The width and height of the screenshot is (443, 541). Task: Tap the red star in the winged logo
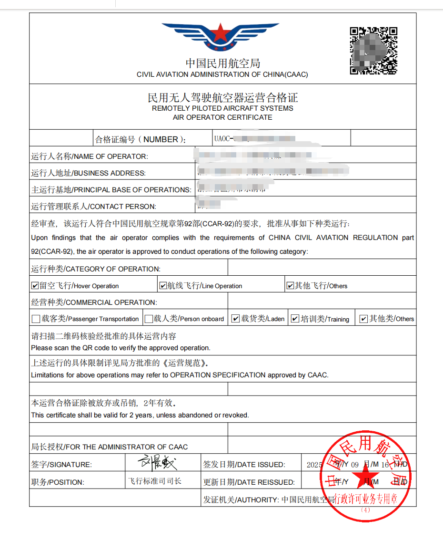pyautogui.click(x=220, y=33)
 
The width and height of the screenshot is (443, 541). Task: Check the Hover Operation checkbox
pyautogui.click(x=35, y=286)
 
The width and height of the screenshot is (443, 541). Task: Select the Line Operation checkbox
pyautogui.click(x=163, y=286)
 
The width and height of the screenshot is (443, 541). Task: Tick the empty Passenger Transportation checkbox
pyautogui.click(x=36, y=319)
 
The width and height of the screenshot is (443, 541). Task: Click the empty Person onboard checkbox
pyautogui.click(x=149, y=319)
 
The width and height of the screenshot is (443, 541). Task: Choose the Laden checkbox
pyautogui.click(x=235, y=319)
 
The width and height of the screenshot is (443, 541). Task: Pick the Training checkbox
pyautogui.click(x=295, y=319)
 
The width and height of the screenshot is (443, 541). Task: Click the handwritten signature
pyautogui.click(x=157, y=462)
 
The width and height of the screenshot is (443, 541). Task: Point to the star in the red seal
pyautogui.click(x=366, y=475)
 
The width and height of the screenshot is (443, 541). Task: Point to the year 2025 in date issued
pyautogui.click(x=314, y=465)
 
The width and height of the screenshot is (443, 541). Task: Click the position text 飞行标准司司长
pyautogui.click(x=155, y=481)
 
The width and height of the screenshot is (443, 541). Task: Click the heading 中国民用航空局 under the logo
pyautogui.click(x=222, y=63)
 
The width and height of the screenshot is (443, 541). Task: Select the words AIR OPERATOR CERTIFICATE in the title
pyautogui.click(x=222, y=117)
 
